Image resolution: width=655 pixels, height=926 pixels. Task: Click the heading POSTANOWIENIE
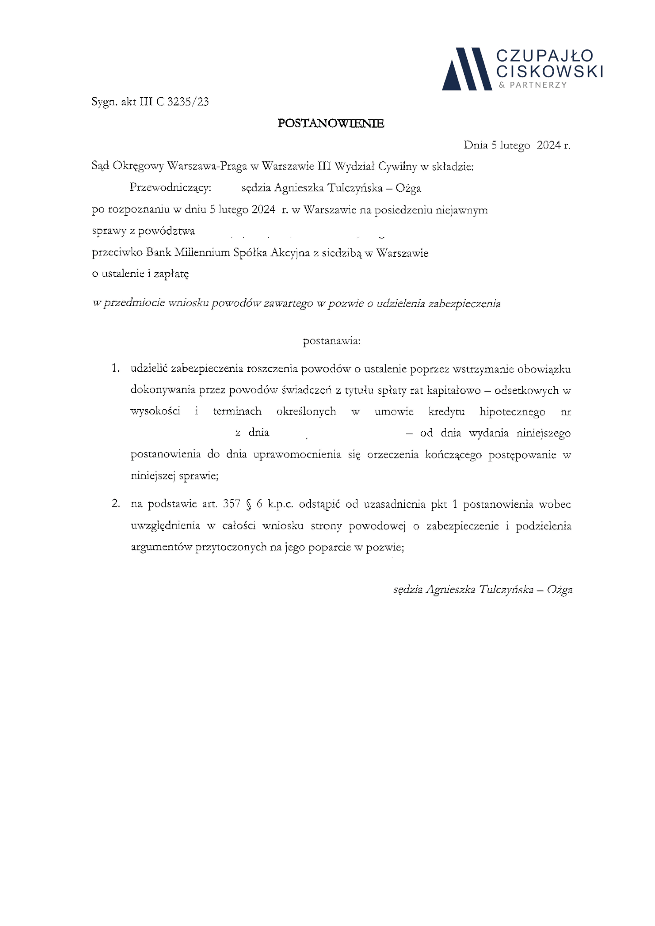[331, 123]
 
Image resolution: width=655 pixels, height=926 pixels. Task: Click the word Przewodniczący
[171, 188]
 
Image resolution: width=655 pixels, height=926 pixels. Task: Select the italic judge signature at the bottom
[483, 590]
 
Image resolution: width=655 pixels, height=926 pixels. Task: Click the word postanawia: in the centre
[331, 341]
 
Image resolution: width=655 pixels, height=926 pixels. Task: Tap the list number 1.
[115, 369]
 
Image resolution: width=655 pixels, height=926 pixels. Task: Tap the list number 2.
[115, 504]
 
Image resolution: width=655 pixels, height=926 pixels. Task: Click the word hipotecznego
[513, 412]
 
